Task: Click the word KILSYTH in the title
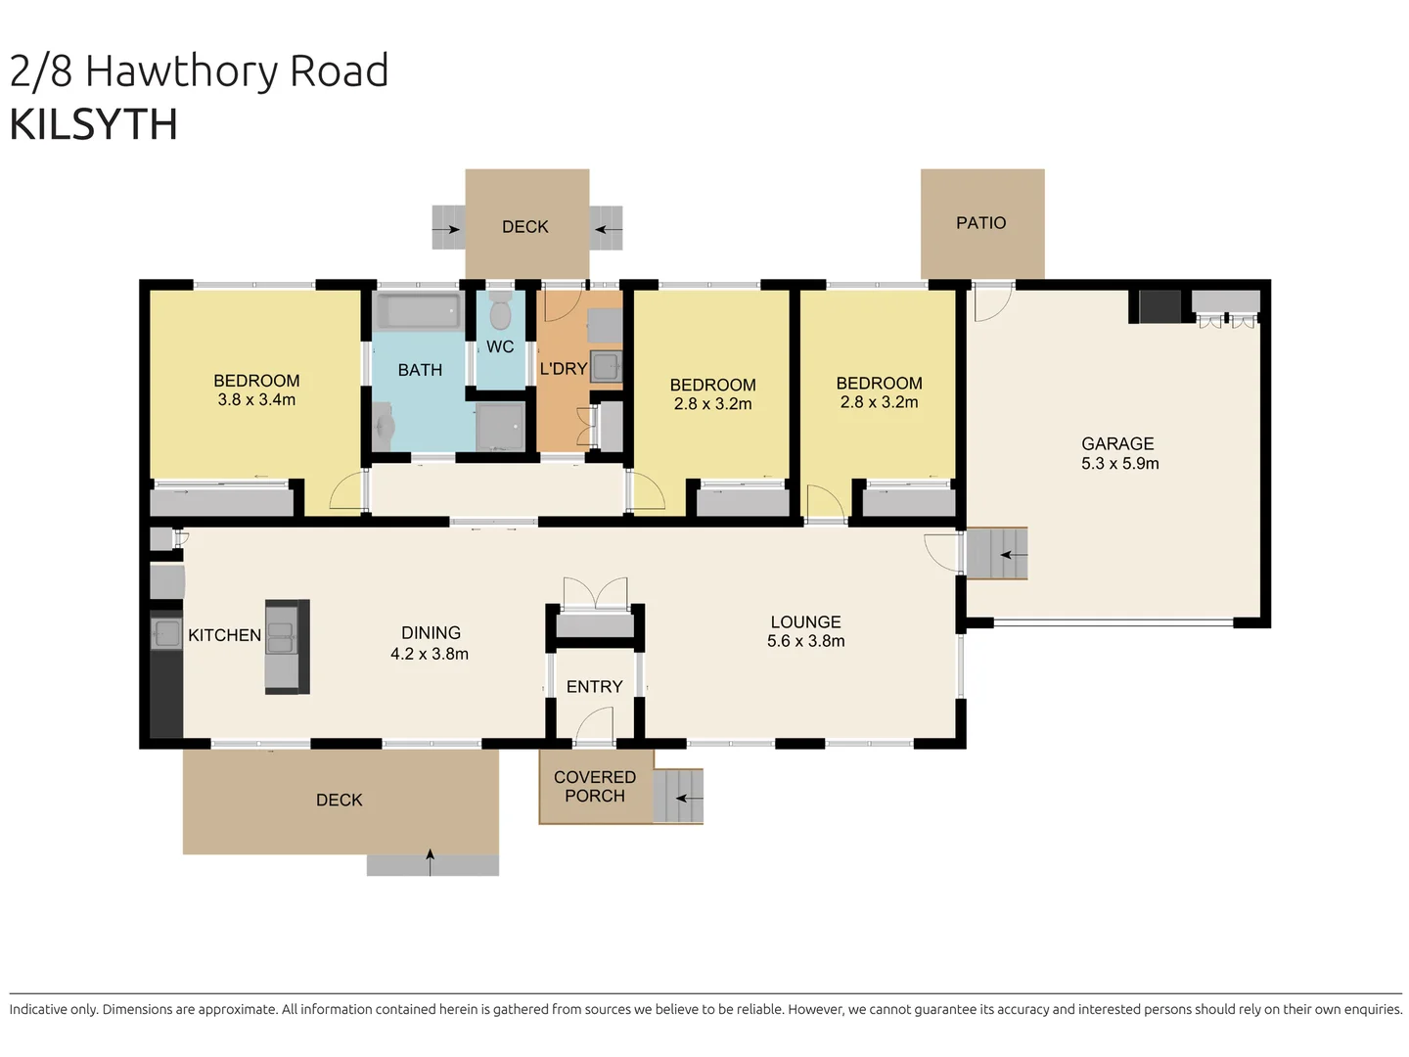point(94,125)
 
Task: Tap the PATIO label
point(980,223)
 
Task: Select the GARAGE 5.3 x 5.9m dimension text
point(1119,464)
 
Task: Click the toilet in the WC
point(500,313)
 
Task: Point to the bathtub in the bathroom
point(419,312)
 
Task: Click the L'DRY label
point(563,369)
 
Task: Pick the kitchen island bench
point(287,647)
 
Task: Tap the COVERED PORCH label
point(594,786)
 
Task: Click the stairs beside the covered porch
point(679,796)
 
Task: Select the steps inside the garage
point(997,554)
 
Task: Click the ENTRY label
point(594,687)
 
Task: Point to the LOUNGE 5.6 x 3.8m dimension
point(805,641)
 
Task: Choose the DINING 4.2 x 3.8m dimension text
point(430,654)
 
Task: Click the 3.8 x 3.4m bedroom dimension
point(256,400)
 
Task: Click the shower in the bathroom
point(501,428)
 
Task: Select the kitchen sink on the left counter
point(166,633)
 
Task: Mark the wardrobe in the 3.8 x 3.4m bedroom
point(222,502)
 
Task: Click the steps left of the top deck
point(448,228)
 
